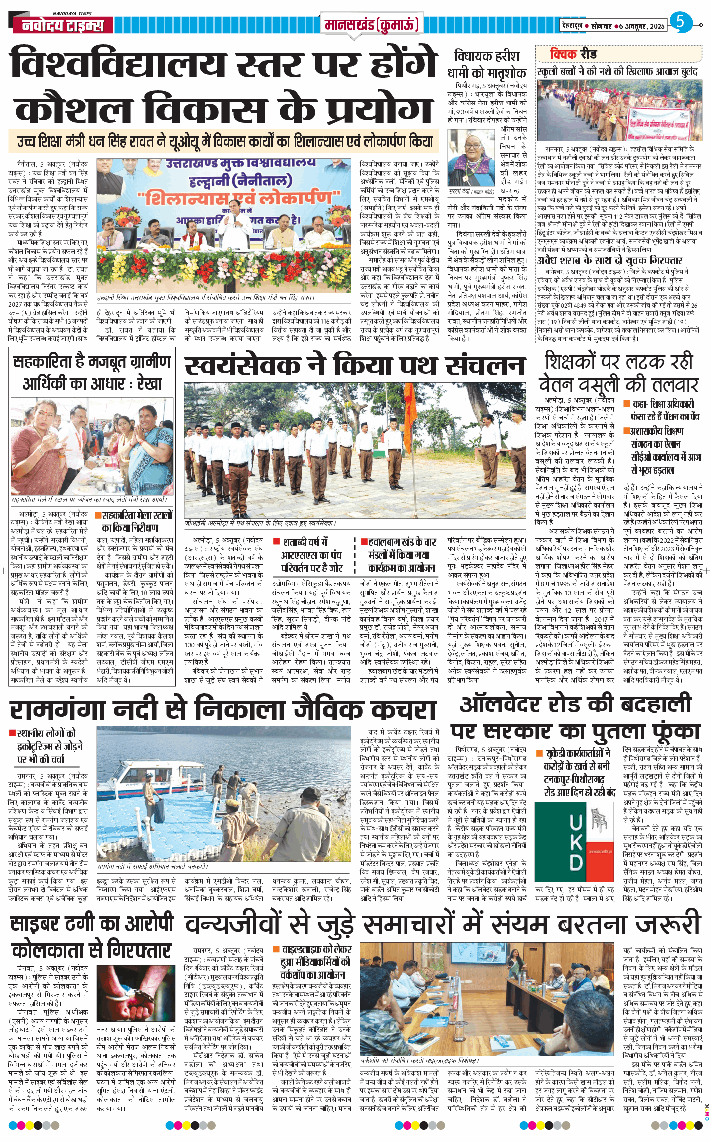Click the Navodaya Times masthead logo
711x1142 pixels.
[63, 24]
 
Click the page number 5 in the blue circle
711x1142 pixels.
[680, 22]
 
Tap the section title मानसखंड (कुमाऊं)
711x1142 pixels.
[371, 24]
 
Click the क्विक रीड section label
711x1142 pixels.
[573, 54]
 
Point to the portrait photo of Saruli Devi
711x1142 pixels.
[471, 159]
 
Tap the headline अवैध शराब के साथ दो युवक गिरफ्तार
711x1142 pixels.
[609, 260]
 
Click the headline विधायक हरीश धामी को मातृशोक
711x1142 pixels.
[487, 64]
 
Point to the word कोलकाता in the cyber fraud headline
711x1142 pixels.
[49, 950]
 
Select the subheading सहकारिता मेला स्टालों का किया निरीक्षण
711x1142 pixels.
[137, 521]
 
